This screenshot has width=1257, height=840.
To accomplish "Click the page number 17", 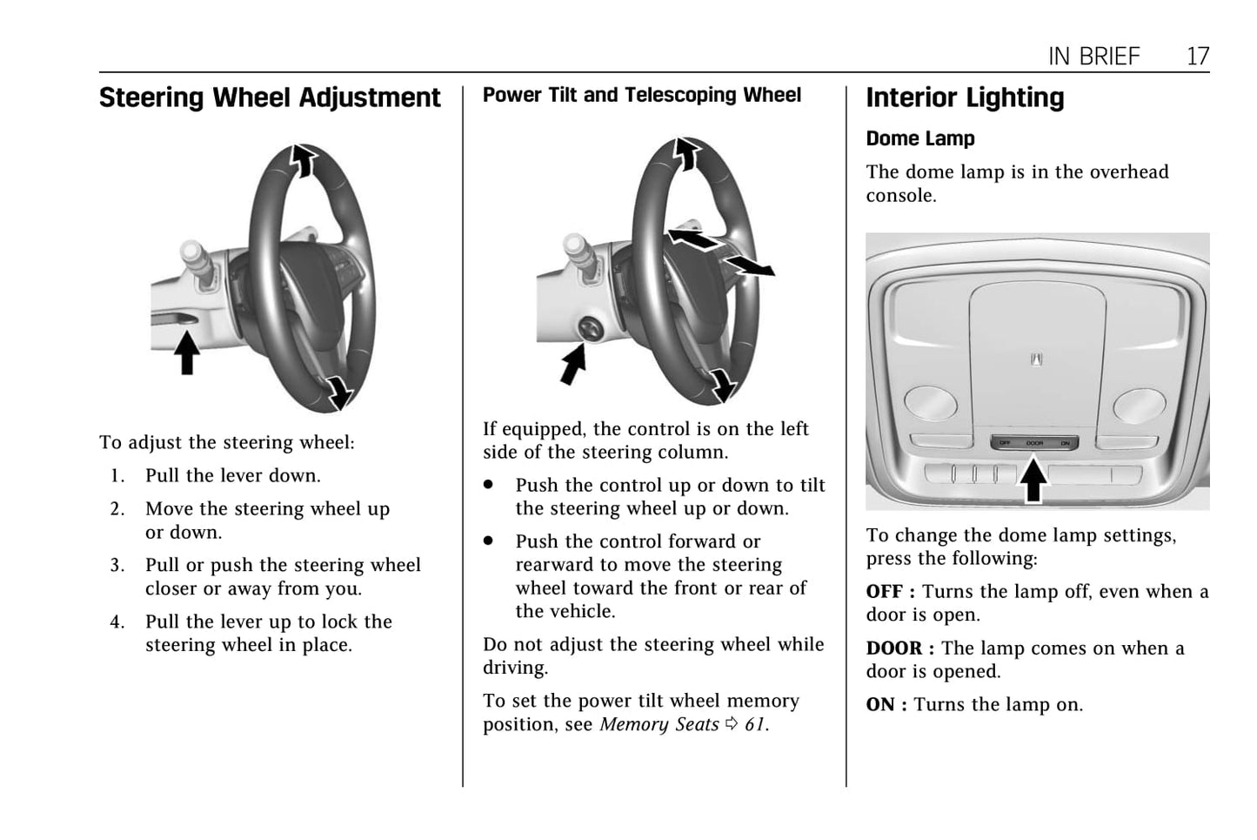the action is (x=1198, y=57).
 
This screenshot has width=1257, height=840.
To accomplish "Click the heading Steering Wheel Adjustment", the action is (x=270, y=97).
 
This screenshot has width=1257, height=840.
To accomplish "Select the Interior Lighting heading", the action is (x=965, y=97).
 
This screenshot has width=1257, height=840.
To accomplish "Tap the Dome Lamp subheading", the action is (x=920, y=138).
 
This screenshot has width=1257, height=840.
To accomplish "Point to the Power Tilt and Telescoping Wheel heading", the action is (x=642, y=95).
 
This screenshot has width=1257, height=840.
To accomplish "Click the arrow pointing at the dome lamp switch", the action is (x=1033, y=479).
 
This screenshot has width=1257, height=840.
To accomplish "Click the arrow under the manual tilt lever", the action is (x=187, y=352).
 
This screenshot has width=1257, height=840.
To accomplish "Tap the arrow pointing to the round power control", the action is (x=573, y=364).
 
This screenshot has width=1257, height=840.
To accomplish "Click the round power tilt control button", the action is (x=591, y=328).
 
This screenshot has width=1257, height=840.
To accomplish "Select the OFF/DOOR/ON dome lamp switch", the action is (x=1034, y=443).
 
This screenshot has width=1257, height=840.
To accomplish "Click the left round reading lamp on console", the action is (x=931, y=403).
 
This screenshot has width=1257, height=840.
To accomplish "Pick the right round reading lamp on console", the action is (x=1140, y=406).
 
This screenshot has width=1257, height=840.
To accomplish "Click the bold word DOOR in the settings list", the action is (x=894, y=648).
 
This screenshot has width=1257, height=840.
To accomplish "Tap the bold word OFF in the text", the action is (x=885, y=592).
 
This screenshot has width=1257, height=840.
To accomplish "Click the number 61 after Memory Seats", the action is (x=755, y=724).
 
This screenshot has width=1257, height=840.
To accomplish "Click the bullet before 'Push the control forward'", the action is (x=488, y=541).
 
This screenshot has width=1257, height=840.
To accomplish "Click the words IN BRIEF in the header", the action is (x=1094, y=57).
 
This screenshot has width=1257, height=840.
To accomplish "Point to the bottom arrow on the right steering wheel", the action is (x=724, y=386).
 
